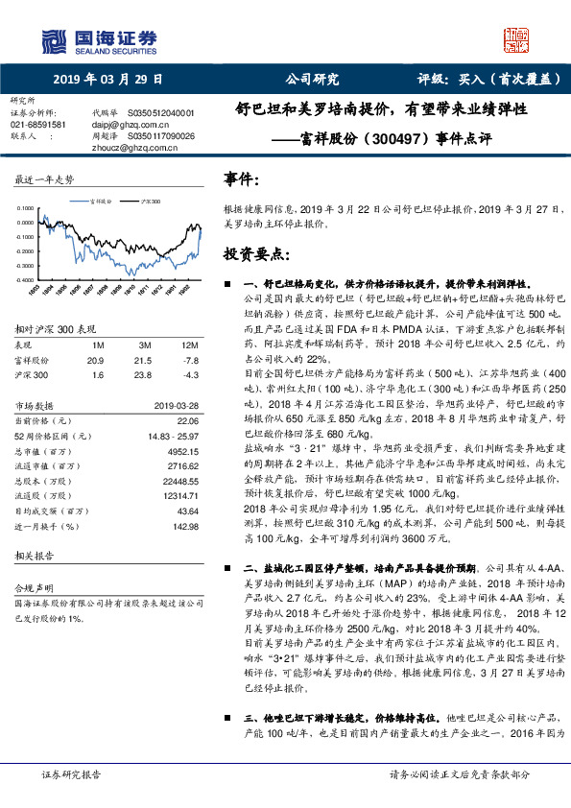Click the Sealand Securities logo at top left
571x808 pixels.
[x=97, y=39]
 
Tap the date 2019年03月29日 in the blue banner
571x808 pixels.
[x=107, y=79]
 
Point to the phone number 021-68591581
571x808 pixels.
[x=38, y=125]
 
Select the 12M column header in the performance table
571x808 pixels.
[x=190, y=344]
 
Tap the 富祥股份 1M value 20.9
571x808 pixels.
[x=95, y=359]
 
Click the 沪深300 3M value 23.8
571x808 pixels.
[x=146, y=373]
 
